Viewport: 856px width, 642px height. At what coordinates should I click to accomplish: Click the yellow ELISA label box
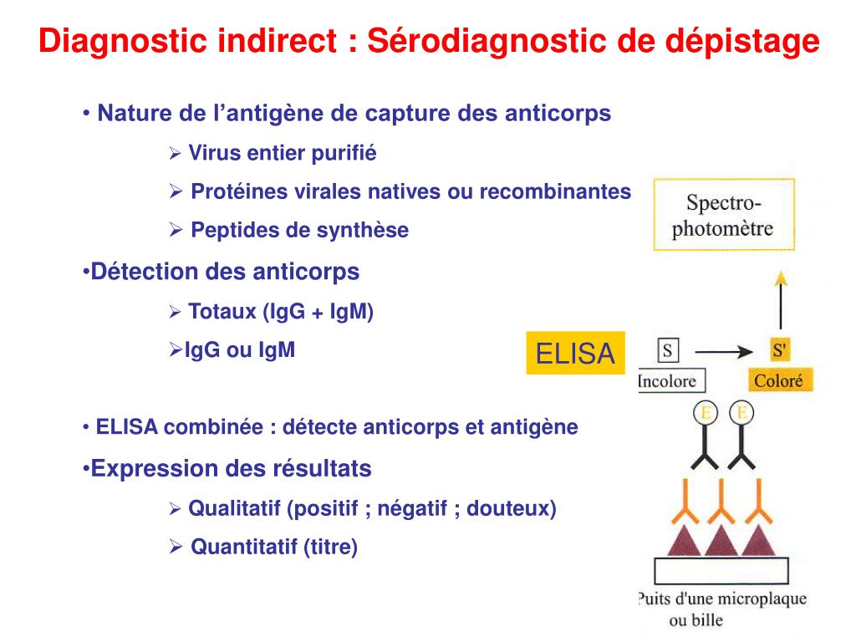point(575,354)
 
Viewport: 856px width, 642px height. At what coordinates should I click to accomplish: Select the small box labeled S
point(667,350)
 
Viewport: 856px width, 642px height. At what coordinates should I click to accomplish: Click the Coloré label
point(779,381)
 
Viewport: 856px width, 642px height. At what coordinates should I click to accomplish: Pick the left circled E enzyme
point(705,413)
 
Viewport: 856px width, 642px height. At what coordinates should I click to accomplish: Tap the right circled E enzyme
point(741,413)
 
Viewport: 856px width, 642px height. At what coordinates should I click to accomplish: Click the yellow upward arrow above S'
point(780,301)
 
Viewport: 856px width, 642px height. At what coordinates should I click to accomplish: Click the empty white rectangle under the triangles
point(721,570)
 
